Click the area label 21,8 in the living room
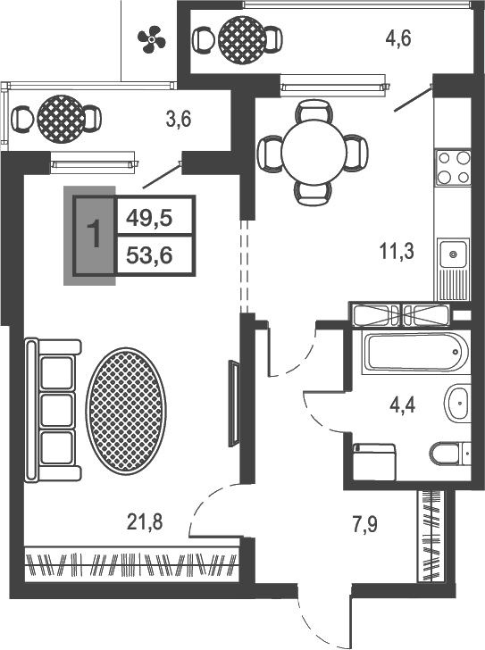145,522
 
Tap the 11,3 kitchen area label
397,251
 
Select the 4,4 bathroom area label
402,404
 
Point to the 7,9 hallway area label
364,524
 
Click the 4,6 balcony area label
398,38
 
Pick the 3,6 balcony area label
179,120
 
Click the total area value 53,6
149,255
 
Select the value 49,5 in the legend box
149,218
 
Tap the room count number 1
95,234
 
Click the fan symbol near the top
151,39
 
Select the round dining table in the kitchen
314,152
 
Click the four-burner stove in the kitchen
453,168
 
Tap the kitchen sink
453,254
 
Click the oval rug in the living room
127,411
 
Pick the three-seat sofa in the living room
53,411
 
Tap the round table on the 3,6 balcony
61,119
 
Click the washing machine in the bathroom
374,462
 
